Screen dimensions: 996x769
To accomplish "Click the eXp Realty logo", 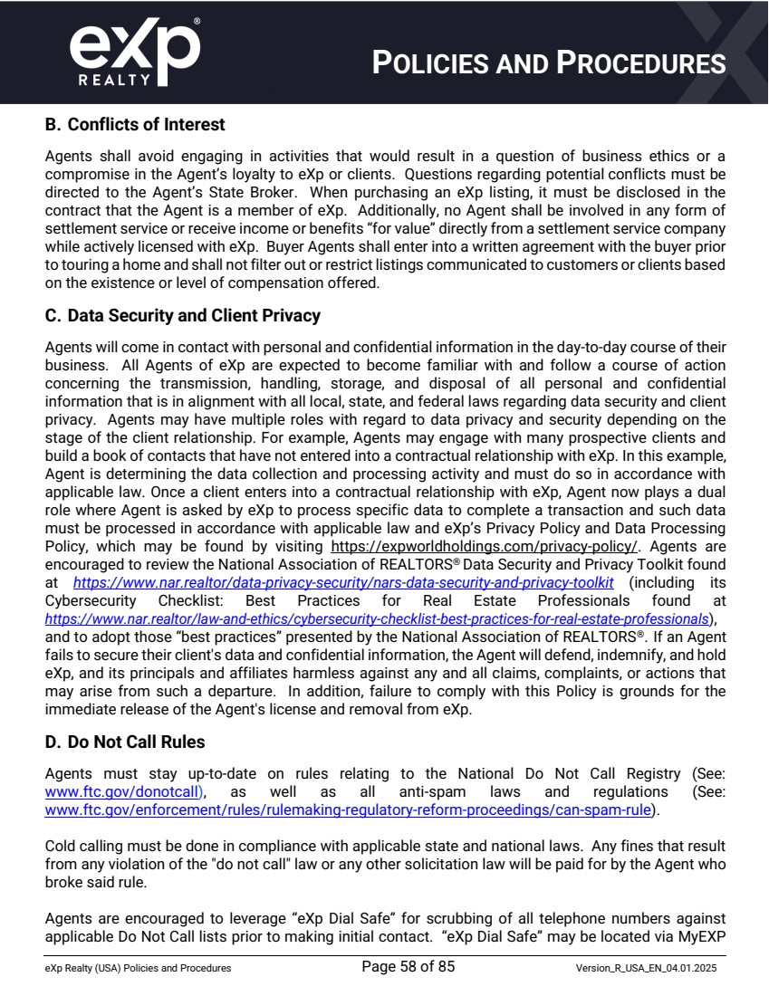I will (135, 53).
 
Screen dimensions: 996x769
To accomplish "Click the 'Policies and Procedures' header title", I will (549, 63).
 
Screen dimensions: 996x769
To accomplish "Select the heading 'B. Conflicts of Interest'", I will (135, 124).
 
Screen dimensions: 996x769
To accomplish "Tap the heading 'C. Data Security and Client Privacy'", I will (182, 316).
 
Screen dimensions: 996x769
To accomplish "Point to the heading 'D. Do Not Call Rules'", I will (125, 742).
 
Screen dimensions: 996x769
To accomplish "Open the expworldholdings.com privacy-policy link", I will (485, 547).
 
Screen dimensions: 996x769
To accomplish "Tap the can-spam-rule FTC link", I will (348, 809).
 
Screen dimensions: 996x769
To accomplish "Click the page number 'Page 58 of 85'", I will (408, 967).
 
